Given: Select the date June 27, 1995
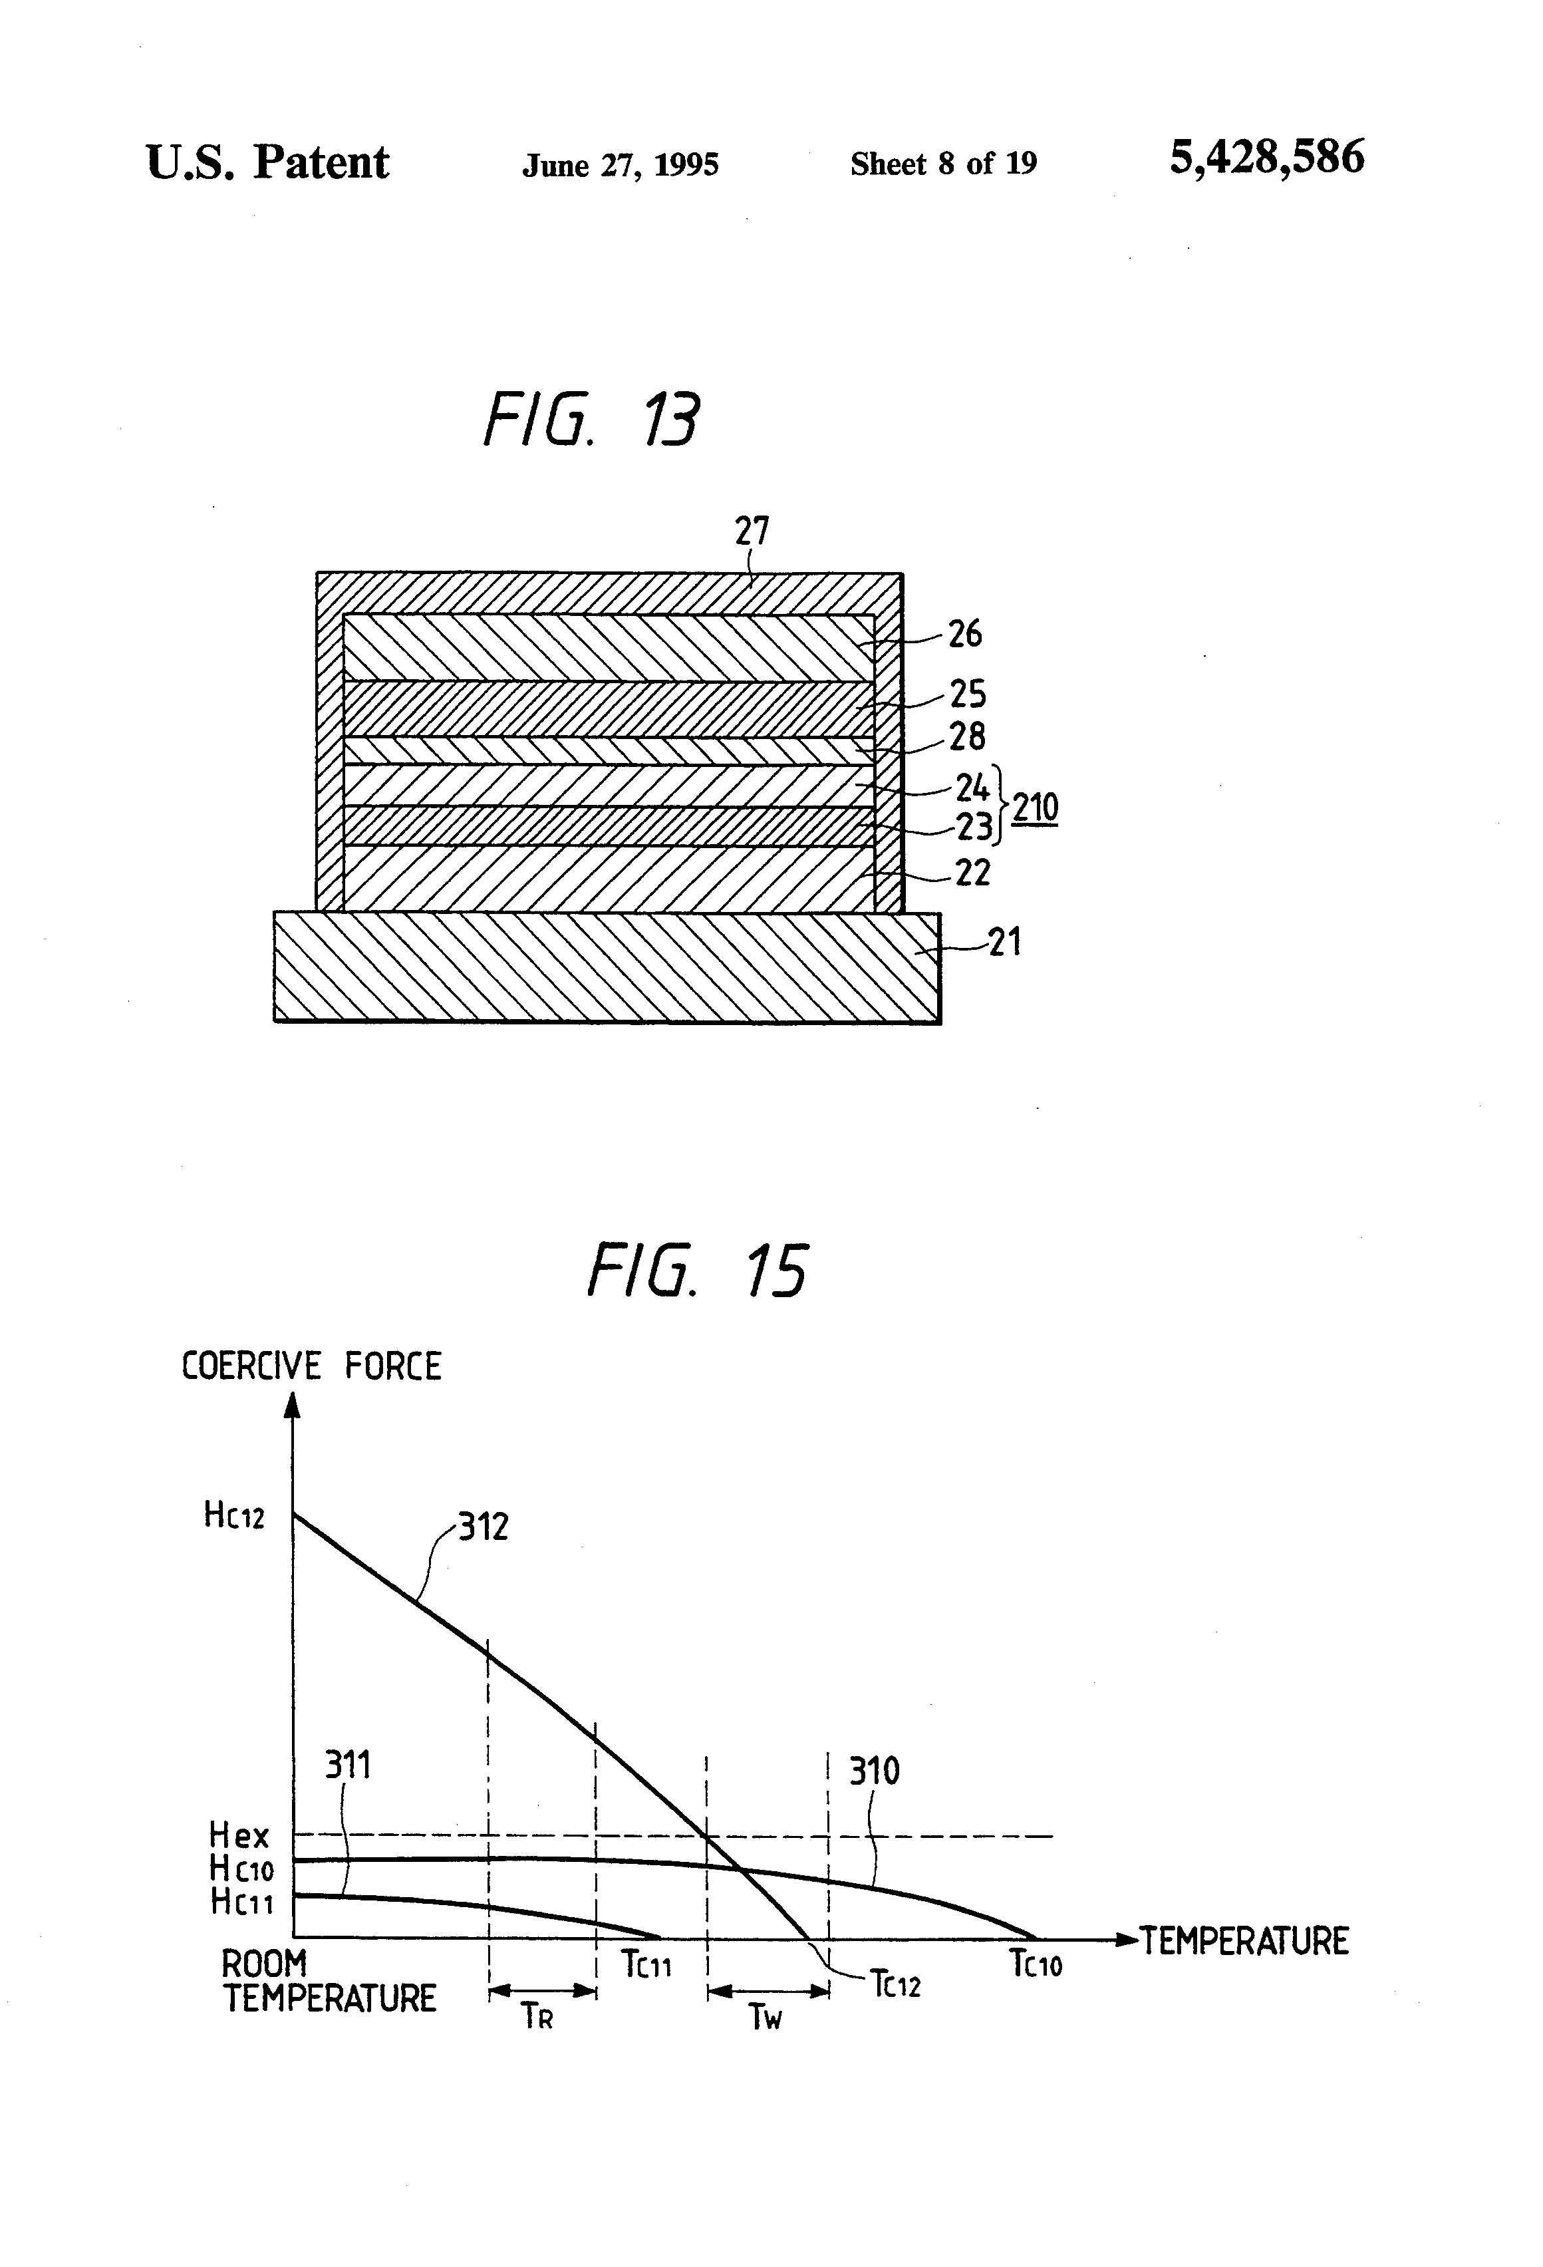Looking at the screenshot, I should (x=621, y=165).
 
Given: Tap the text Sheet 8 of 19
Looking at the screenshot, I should (x=943, y=163).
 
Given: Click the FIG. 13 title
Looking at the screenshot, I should (x=591, y=420).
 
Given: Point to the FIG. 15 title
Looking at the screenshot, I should (x=698, y=1272).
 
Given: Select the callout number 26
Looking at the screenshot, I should (x=964, y=634).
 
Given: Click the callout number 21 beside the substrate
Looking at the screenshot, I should (x=1004, y=943).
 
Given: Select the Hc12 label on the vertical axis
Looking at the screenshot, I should (x=234, y=1515).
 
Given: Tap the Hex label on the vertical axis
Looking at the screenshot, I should (x=238, y=1836).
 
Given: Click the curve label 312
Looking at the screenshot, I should (x=484, y=1527).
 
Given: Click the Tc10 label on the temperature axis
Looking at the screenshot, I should (x=1035, y=1962).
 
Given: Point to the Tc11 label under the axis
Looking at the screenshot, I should (x=646, y=1962).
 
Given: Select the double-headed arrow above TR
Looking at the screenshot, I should (x=542, y=1991).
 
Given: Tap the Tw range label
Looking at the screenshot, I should (x=766, y=2018).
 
